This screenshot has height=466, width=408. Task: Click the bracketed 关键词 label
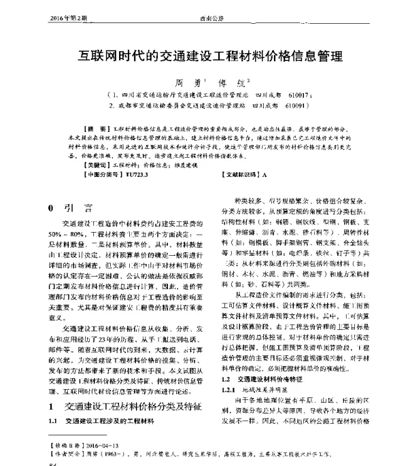coord(95,165)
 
